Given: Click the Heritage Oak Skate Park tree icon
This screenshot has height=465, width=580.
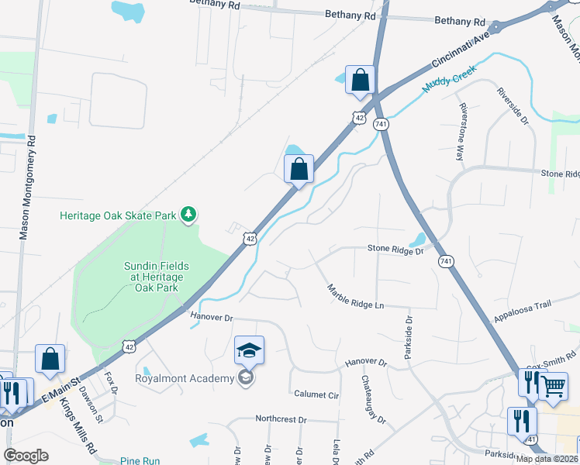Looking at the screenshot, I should click(188, 214).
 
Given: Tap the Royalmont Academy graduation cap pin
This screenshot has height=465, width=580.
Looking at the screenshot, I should click(250, 352).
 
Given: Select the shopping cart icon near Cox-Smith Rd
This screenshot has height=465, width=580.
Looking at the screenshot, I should click(552, 385).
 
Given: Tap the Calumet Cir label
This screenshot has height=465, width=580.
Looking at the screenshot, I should click(316, 394).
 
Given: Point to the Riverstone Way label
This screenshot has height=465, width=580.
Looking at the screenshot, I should click(462, 131).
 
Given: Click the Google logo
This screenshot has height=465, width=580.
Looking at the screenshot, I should click(26, 456).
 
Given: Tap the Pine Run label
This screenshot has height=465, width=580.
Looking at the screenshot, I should click(140, 461).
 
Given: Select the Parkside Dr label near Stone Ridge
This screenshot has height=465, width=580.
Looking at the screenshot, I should click(408, 336).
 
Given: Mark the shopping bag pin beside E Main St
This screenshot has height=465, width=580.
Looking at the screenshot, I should click(50, 360).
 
